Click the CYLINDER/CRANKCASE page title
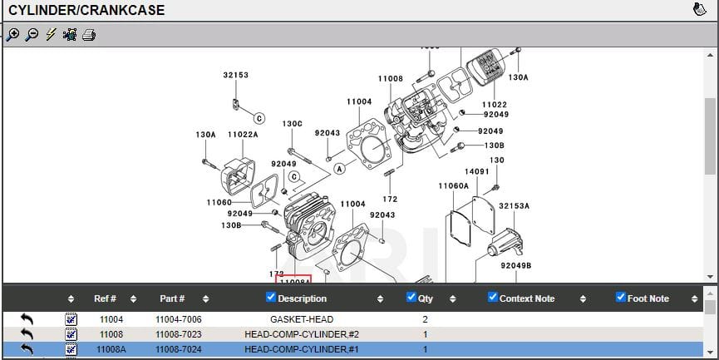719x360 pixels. (x=86, y=11)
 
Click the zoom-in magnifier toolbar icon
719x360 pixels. (x=12, y=34)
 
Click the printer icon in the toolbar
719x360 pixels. (x=88, y=34)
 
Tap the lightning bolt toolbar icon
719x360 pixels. (x=50, y=34)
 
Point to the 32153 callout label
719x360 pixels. (x=235, y=75)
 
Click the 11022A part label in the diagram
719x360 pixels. (x=243, y=134)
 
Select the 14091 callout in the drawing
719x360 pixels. (x=476, y=171)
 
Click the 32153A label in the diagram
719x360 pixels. (x=515, y=205)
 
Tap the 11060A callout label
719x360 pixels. (x=453, y=186)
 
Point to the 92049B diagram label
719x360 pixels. (x=515, y=265)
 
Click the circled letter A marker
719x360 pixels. (x=339, y=168)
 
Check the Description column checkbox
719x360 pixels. (x=270, y=298)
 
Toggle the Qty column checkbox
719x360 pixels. (x=411, y=298)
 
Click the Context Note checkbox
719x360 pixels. (x=492, y=298)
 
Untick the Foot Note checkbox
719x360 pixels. (x=621, y=298)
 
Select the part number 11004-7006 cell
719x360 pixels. (x=178, y=319)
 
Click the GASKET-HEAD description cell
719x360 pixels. (x=302, y=319)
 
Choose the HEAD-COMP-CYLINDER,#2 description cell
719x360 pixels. (x=302, y=334)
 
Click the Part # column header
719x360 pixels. (x=172, y=298)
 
